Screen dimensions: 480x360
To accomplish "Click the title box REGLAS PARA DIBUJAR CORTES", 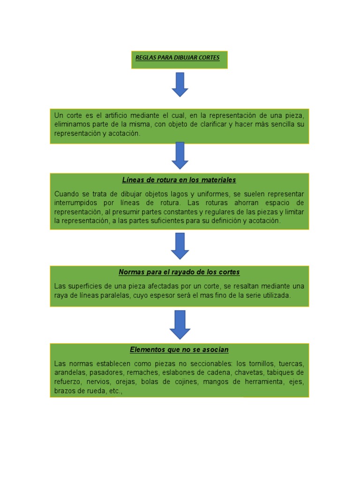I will tap(179, 60).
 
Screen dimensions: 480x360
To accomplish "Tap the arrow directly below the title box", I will tap(180, 84).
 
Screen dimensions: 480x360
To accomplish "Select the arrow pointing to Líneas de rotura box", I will tap(180, 155).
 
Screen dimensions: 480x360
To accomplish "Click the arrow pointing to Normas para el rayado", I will tap(180, 246).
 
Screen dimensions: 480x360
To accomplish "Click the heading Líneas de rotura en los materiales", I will tap(179, 180).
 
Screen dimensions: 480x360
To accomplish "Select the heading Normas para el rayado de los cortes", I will tap(179, 272).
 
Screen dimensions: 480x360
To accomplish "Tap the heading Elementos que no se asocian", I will tap(179, 350).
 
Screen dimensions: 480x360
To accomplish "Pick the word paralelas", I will tap(114, 295).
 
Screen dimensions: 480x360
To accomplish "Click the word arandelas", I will tap(69, 373).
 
